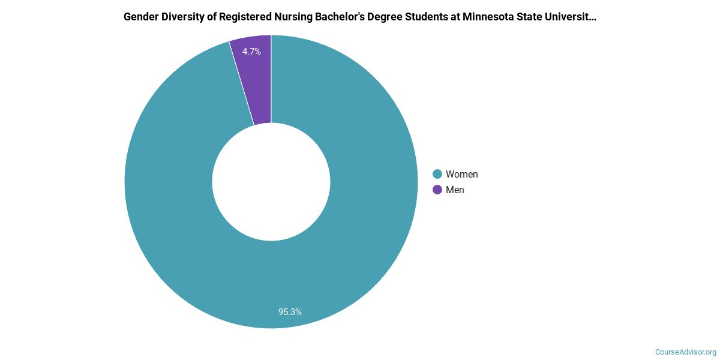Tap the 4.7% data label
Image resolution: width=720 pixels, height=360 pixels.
251,52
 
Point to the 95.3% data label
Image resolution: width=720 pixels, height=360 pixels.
290,312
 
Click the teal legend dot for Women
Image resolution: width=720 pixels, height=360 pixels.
437,174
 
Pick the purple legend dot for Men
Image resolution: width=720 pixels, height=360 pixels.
437,190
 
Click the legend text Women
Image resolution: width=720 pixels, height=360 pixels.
461,174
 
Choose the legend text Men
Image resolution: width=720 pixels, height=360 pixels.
455,190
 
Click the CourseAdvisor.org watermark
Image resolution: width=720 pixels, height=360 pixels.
685,352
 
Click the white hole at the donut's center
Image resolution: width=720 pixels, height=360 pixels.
271,182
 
